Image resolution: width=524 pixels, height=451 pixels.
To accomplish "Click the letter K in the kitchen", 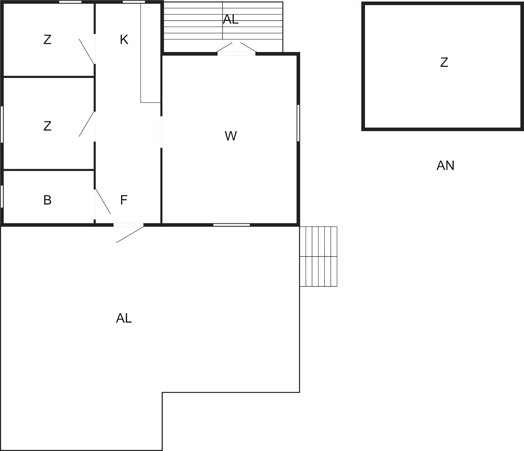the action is tap(124, 40).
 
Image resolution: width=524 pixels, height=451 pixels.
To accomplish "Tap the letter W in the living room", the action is tap(231, 136).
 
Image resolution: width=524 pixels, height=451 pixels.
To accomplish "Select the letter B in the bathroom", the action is tap(47, 200).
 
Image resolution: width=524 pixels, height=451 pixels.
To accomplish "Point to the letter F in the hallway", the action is tap(124, 200).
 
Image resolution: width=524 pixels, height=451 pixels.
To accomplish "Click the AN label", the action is tap(445, 166).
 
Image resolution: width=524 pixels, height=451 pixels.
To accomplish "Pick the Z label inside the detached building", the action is tap(444, 62).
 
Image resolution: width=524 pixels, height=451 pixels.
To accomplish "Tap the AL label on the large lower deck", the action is tap(124, 318).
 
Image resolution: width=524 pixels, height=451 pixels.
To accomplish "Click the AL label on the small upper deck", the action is tap(231, 19).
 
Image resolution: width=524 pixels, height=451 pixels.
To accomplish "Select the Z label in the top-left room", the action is tap(47, 40).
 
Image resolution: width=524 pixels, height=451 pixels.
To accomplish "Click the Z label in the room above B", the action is tap(47, 126).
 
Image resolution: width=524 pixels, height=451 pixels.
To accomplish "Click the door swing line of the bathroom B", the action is tap(103, 201).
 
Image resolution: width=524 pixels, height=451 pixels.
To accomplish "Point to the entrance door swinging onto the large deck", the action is tap(130, 235).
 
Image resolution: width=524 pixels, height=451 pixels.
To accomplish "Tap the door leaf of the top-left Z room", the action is tap(87, 52).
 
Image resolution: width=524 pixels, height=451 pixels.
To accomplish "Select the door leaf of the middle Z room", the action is tap(87, 124).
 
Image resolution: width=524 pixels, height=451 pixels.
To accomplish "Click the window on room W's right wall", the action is tap(298, 123).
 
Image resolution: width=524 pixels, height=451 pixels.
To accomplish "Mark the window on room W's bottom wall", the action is tap(232, 225).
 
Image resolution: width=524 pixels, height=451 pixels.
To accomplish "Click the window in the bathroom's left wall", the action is tap(2, 196).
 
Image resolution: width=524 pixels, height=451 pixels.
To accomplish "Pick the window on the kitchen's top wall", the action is tap(134, 2).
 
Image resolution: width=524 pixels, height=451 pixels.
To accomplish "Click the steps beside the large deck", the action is tap(318, 256).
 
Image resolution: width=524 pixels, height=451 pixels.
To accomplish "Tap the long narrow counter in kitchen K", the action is tap(150, 53).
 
